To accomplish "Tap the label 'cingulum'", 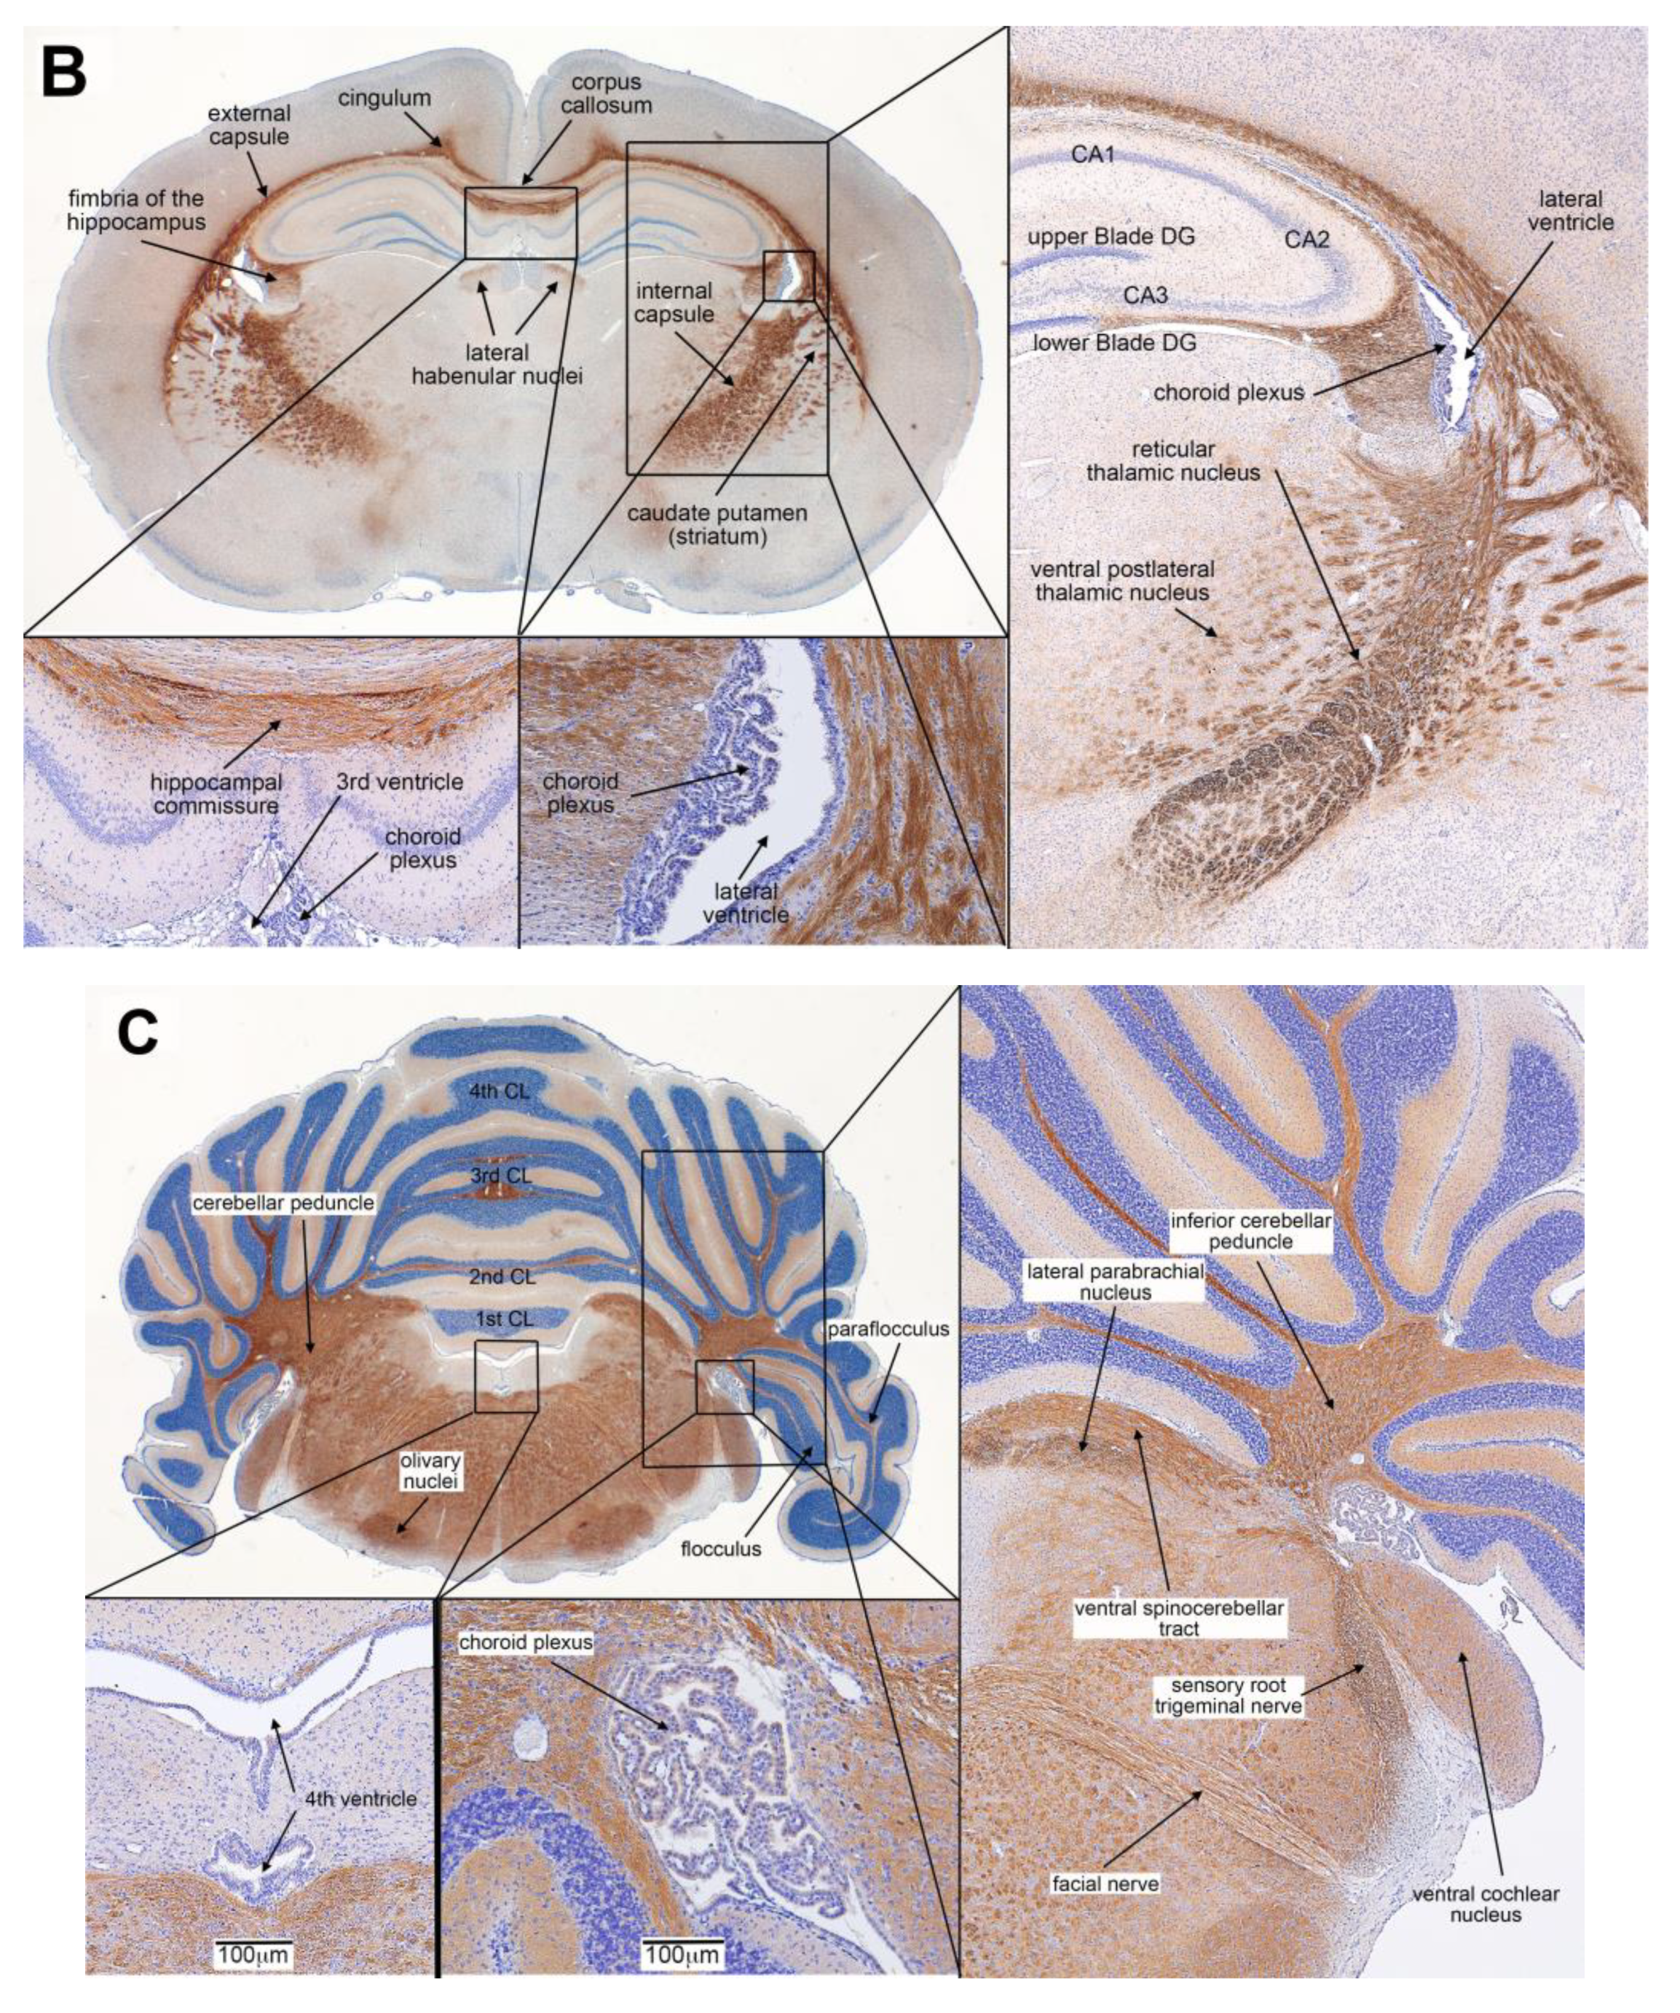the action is click(384, 98).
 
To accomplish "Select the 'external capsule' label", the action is click(248, 124).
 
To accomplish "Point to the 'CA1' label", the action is click(1093, 154).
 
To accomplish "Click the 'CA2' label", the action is click(1307, 240).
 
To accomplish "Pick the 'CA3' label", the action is click(1146, 296).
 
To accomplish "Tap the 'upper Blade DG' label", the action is click(1111, 236).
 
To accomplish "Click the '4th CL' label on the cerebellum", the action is click(500, 1091).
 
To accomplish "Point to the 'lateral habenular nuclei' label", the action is click(497, 365).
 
